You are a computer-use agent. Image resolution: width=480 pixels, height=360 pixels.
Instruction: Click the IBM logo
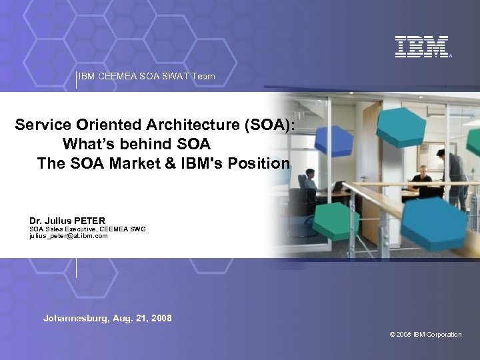coord(422,46)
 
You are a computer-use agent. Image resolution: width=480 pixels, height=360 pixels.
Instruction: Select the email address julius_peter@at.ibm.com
coord(68,235)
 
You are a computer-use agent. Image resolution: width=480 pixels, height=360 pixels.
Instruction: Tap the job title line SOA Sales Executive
coord(87,229)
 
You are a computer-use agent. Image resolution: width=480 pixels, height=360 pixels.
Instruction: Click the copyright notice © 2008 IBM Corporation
coord(425,335)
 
